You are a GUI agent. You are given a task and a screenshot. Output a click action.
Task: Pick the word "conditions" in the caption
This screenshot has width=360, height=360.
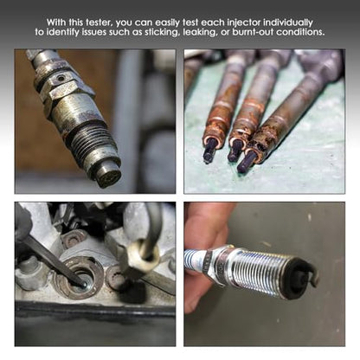click(x=300, y=32)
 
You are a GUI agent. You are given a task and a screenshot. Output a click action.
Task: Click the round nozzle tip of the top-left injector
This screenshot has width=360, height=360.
click(x=110, y=177)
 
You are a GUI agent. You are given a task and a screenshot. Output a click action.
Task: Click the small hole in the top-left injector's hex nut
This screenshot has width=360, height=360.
click(x=61, y=78)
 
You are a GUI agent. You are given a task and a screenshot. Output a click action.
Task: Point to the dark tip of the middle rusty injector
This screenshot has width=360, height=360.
click(x=235, y=150)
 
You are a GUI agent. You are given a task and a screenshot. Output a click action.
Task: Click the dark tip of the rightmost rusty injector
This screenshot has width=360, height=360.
click(x=247, y=161)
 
